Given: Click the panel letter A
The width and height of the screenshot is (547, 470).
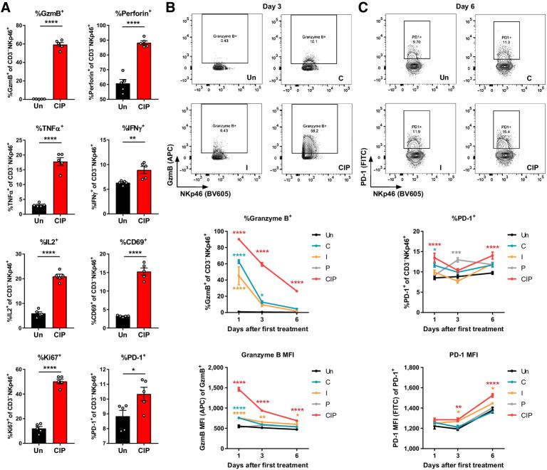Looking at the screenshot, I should click(6, 6).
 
